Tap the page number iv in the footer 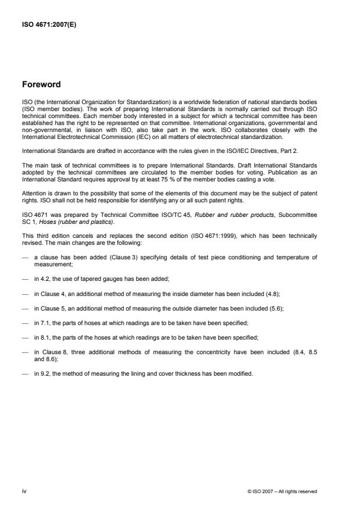pyautogui.click(x=24, y=491)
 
